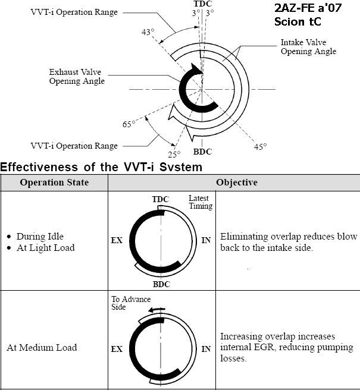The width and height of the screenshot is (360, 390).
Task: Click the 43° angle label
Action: click(148, 32)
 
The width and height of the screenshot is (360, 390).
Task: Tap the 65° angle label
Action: click(129, 124)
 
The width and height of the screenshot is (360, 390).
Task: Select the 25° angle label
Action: click(174, 154)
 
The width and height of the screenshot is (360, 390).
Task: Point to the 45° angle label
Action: click(261, 146)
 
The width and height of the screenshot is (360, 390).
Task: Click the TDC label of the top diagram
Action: click(203, 4)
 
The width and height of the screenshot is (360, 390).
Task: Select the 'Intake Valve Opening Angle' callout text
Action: click(308, 47)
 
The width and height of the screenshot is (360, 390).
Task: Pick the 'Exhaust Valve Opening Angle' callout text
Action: click(77, 77)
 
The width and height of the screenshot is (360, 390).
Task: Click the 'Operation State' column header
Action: click(54, 182)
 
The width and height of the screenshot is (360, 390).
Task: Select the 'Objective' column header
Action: click(236, 182)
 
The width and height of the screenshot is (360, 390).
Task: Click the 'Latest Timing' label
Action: click(201, 202)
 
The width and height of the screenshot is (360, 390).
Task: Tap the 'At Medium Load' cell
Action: click(42, 348)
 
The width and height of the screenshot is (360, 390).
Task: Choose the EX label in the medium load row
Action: click(117, 350)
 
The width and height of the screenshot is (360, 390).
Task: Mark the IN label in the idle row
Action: click(206, 240)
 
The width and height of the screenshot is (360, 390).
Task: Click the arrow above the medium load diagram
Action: click(157, 309)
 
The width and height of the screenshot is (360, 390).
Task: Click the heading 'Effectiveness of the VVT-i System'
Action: click(102, 167)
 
